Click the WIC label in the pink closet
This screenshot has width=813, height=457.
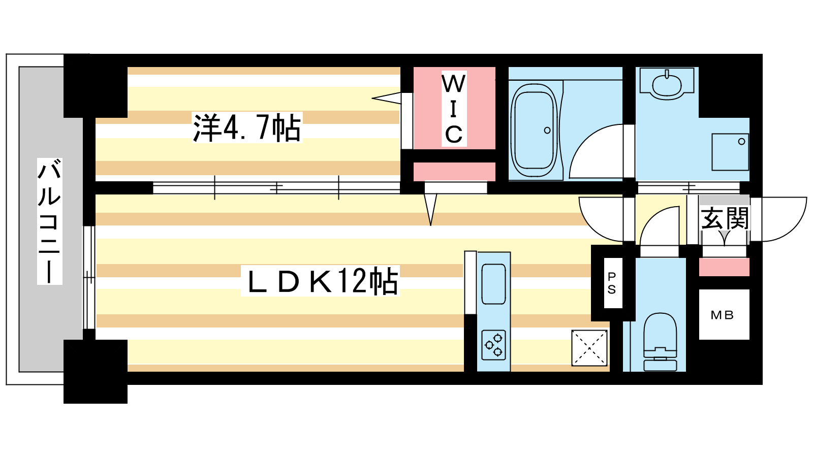tap(454, 109)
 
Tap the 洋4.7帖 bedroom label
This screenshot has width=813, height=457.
tap(247, 127)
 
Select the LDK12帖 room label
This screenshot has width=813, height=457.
tap(321, 281)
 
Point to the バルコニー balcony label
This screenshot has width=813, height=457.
tap(50, 221)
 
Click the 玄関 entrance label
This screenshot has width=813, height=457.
tap(725, 218)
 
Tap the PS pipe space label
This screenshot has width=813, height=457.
tap(612, 283)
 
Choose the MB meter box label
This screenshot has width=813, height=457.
tap(722, 315)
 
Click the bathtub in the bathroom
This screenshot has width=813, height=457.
tap(534, 129)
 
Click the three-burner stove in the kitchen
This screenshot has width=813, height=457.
tap(493, 345)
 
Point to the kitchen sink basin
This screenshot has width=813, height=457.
tap(493, 284)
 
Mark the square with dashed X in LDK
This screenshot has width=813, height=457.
tap(589, 348)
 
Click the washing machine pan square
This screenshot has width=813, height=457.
tap(730, 152)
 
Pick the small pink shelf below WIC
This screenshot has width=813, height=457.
tap(454, 172)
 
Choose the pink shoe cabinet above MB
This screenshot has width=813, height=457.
tap(724, 267)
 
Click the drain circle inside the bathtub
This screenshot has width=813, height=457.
tap(547, 130)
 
